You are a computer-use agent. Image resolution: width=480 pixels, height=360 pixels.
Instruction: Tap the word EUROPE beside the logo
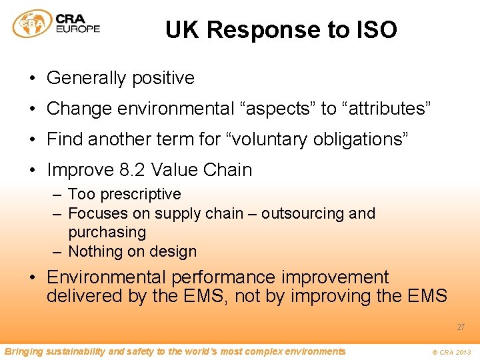79,29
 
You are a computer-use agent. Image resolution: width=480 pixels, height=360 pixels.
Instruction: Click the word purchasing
107,232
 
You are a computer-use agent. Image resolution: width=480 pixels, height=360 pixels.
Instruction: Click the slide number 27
461,327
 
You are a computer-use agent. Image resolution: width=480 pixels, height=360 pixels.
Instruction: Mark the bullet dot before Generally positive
32,78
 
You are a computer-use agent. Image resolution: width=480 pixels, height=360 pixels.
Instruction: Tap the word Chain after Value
228,170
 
